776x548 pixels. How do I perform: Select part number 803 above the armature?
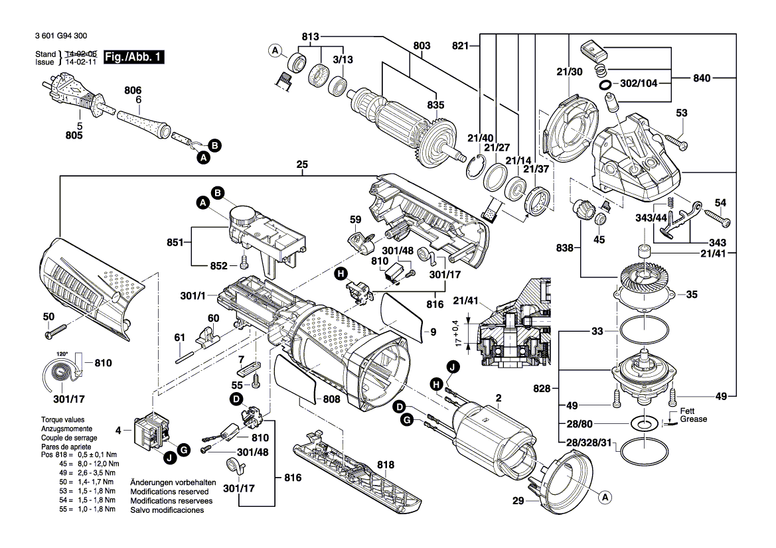pos(422,46)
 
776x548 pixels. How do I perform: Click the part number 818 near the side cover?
pos(385,464)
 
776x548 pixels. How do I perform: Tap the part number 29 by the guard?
pos(519,502)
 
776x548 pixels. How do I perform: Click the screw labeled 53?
pos(676,143)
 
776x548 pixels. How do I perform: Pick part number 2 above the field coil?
pos(498,398)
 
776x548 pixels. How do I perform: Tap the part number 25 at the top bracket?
pos(302,164)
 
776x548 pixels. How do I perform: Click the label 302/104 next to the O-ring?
pos(639,85)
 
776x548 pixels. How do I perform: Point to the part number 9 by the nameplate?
pos(432,331)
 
